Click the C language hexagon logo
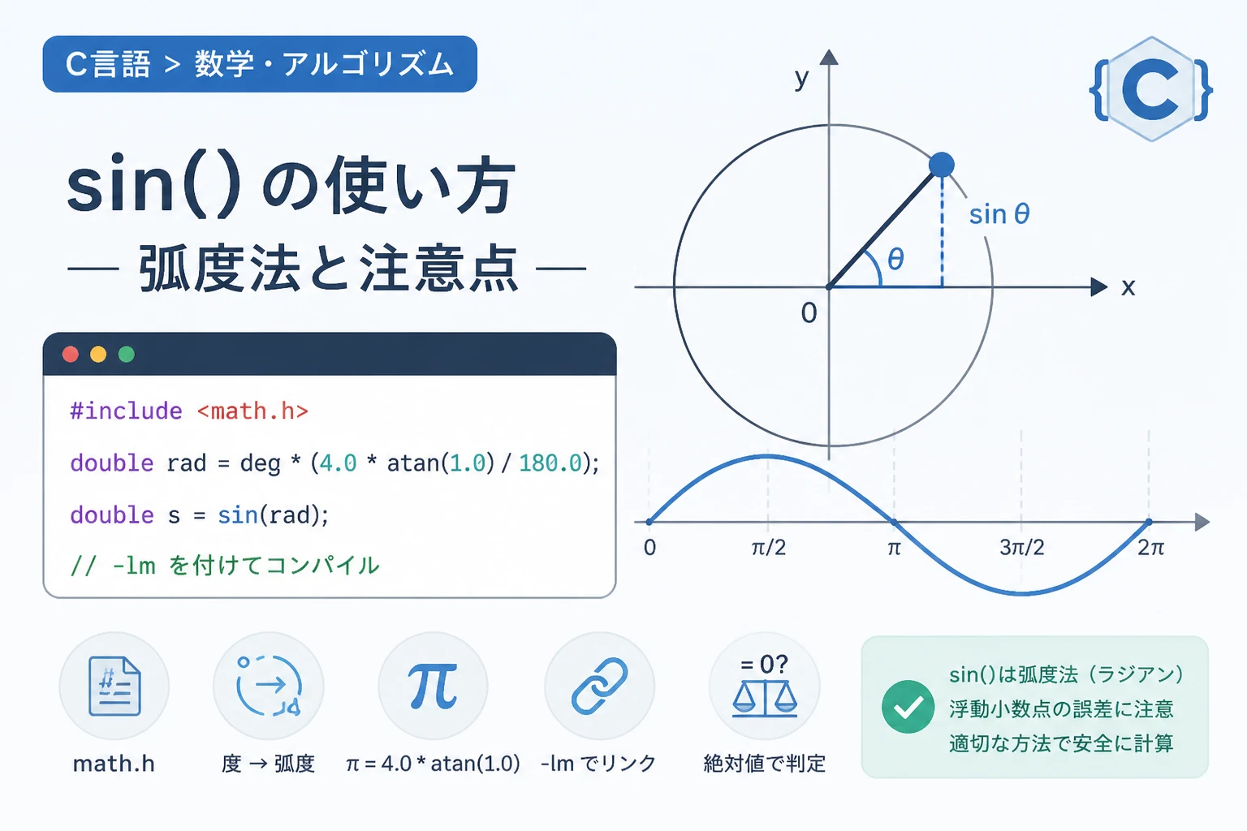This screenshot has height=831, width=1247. click(x=1151, y=89)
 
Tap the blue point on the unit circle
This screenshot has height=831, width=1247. click(x=942, y=165)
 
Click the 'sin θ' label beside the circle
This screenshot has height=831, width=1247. click(x=999, y=214)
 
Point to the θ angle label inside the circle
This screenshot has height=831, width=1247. click(x=895, y=259)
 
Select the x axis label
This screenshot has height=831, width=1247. click(x=1128, y=288)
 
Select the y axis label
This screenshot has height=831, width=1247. click(x=801, y=79)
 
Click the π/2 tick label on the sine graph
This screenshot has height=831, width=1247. click(x=768, y=548)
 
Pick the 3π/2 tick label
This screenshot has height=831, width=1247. click(x=1021, y=548)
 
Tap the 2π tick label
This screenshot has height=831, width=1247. click(x=1150, y=548)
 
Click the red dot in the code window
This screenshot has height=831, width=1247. click(x=70, y=355)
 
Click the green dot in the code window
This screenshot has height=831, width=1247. click(x=127, y=355)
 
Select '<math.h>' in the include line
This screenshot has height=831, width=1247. click(x=252, y=411)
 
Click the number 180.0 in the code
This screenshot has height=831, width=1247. click(x=550, y=463)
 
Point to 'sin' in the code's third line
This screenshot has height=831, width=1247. click(x=238, y=515)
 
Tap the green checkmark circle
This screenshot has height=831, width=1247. click(x=908, y=707)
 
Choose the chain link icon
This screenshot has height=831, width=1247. click(x=600, y=687)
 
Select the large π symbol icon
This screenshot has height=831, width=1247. click(x=433, y=687)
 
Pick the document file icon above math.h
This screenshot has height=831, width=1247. click(x=114, y=687)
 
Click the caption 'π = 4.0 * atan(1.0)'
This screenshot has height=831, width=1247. click(x=433, y=764)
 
